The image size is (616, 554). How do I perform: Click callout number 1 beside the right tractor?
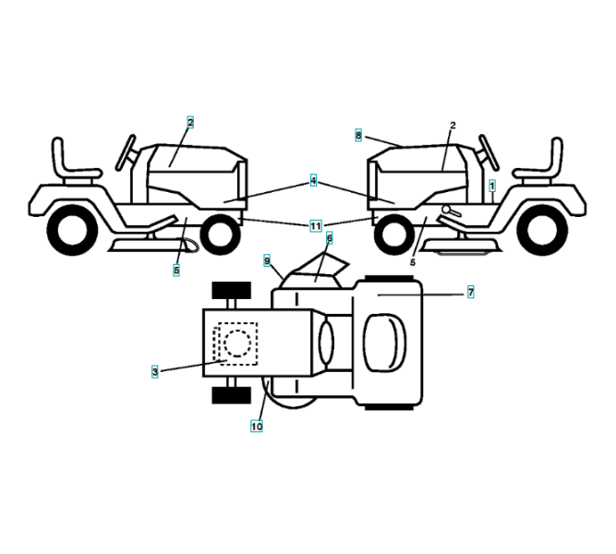493,185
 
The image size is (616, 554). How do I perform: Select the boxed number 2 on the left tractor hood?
190,121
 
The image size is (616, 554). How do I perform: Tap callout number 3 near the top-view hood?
155,371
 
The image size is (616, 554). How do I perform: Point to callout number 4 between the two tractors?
313,181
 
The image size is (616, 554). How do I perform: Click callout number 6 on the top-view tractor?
329,237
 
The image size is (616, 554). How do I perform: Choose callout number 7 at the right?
470,292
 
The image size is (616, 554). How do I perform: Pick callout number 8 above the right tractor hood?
358,135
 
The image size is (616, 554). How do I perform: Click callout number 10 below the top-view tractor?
256,427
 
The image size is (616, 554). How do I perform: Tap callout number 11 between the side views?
315,225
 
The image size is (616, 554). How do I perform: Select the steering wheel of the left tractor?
126,151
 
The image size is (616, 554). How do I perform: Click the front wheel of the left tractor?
219,235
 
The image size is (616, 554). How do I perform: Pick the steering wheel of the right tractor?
488,151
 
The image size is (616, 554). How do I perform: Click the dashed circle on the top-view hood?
236,343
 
